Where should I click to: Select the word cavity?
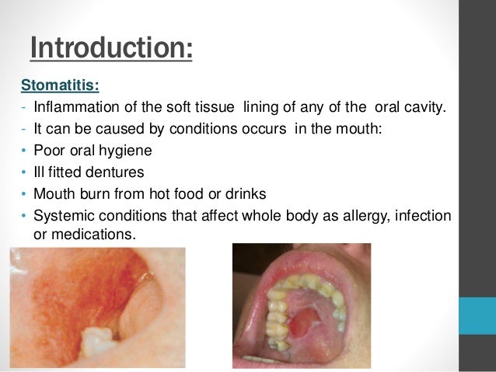[x=428, y=107]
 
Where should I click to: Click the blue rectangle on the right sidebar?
[x=477, y=315]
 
